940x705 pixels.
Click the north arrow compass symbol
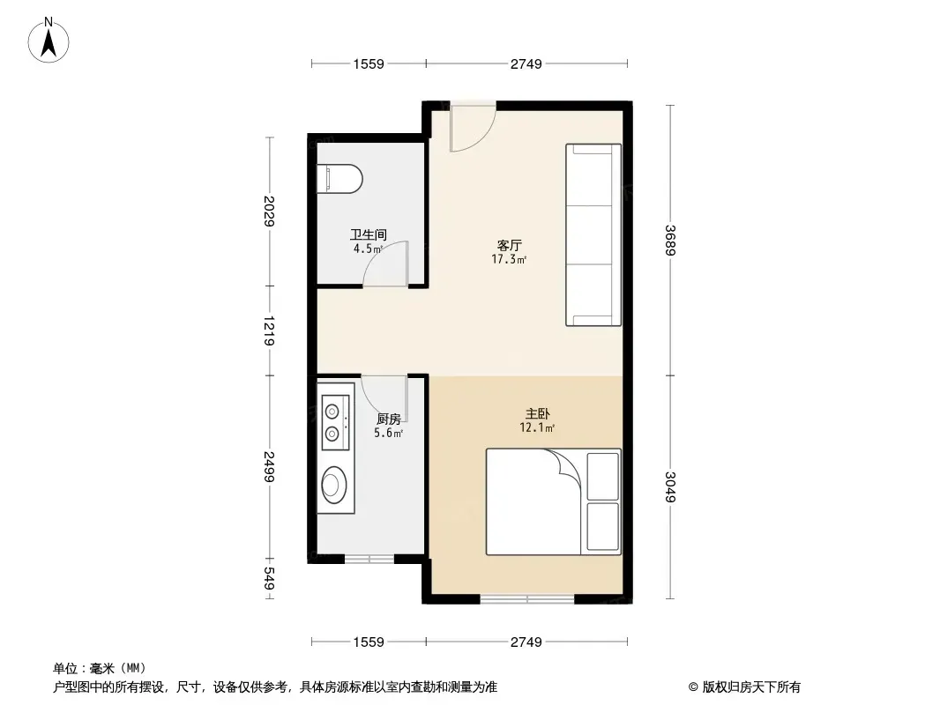click(48, 41)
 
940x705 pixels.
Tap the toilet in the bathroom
click(339, 179)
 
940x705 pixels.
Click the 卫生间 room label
click(368, 234)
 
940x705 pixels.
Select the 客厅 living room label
click(510, 246)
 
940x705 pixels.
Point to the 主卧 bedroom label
click(537, 414)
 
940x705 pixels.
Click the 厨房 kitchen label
click(389, 419)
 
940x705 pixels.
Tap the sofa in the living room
click(593, 234)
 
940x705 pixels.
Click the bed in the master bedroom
click(553, 502)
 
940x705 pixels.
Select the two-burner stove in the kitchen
click(335, 422)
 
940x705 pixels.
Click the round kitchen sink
click(334, 485)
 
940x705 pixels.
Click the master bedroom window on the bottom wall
click(527, 598)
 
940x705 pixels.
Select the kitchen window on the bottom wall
click(369, 560)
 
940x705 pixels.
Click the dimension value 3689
click(670, 241)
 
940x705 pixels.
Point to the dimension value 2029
click(269, 211)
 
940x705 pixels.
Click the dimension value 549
click(269, 578)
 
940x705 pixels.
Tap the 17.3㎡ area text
click(509, 259)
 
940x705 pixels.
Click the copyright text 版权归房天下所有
click(751, 687)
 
